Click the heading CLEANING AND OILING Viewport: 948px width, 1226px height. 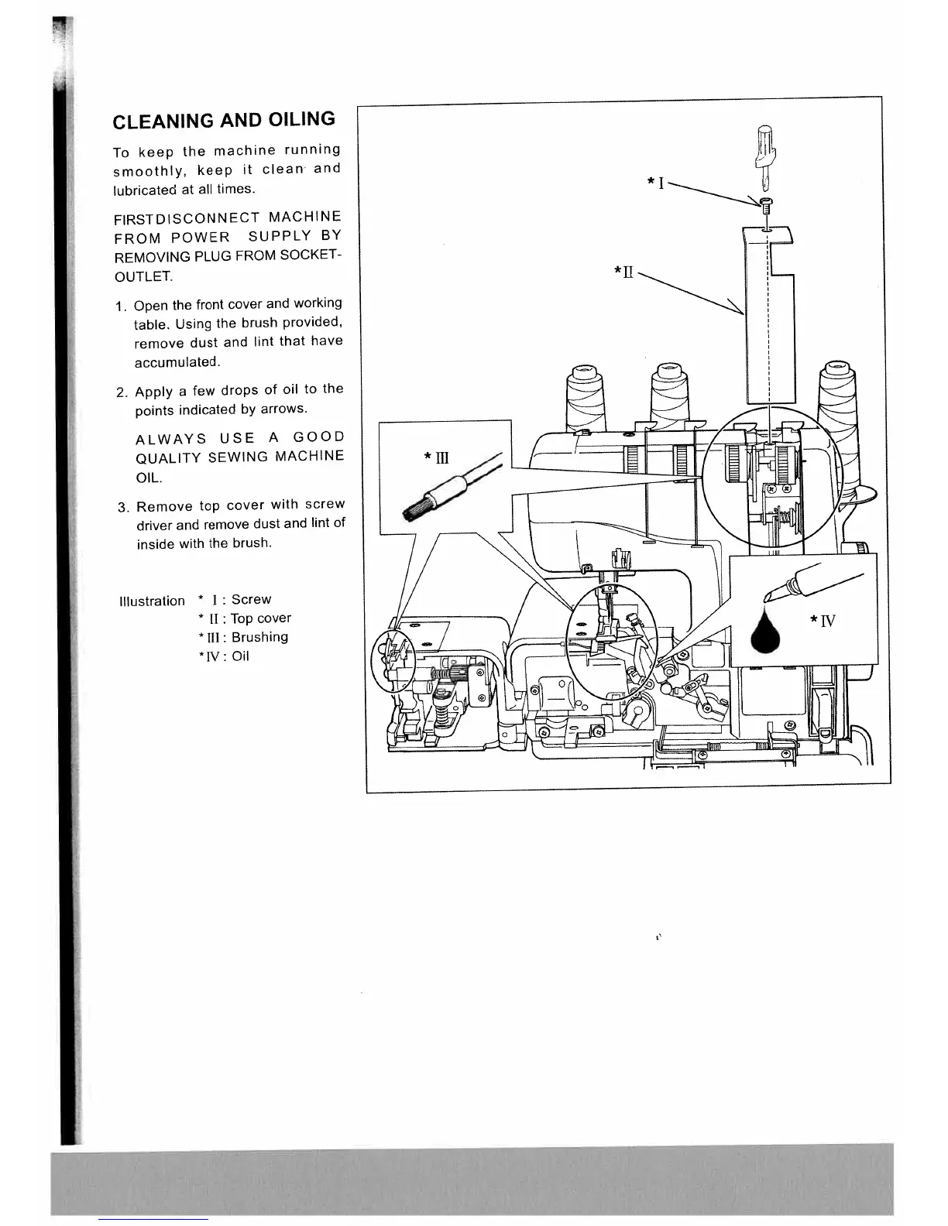(x=224, y=121)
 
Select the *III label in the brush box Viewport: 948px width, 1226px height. (x=436, y=458)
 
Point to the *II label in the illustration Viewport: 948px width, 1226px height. (x=623, y=272)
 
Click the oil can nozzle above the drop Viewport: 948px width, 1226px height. (x=782, y=589)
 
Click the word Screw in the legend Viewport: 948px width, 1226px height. (x=251, y=599)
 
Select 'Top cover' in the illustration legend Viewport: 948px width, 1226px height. (x=260, y=618)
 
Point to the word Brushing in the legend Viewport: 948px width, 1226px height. (x=259, y=637)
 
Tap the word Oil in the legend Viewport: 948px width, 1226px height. (x=240, y=656)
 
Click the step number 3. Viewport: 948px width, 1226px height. (x=122, y=508)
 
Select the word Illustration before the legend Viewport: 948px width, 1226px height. (x=152, y=601)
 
